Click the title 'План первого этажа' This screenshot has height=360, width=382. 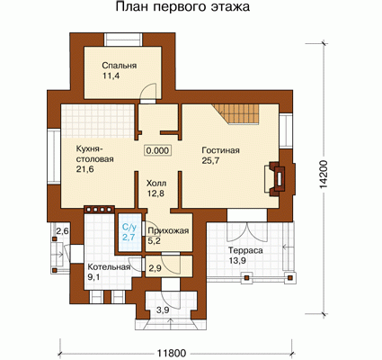pos(182,7)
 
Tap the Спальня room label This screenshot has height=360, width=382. pos(120,66)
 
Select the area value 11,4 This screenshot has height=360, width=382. pos(111,76)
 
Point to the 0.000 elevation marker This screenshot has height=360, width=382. pos(158,150)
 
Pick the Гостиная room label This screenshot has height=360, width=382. pos(221,150)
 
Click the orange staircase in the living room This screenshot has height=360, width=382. pos(235,113)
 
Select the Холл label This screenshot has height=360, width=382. pos(156,183)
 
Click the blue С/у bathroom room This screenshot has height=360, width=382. pos(129,232)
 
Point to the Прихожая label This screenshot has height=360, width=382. pos(168,230)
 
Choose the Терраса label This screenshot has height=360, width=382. pos(245,250)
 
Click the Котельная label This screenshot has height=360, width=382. pos(109,267)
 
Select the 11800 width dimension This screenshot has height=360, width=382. pos(171,354)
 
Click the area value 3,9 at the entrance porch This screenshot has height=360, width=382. pos(163,310)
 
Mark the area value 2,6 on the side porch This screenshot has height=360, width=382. pos(63,231)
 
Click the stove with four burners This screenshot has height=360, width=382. pos(99,210)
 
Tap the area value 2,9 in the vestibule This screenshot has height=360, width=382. pos(155,268)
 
